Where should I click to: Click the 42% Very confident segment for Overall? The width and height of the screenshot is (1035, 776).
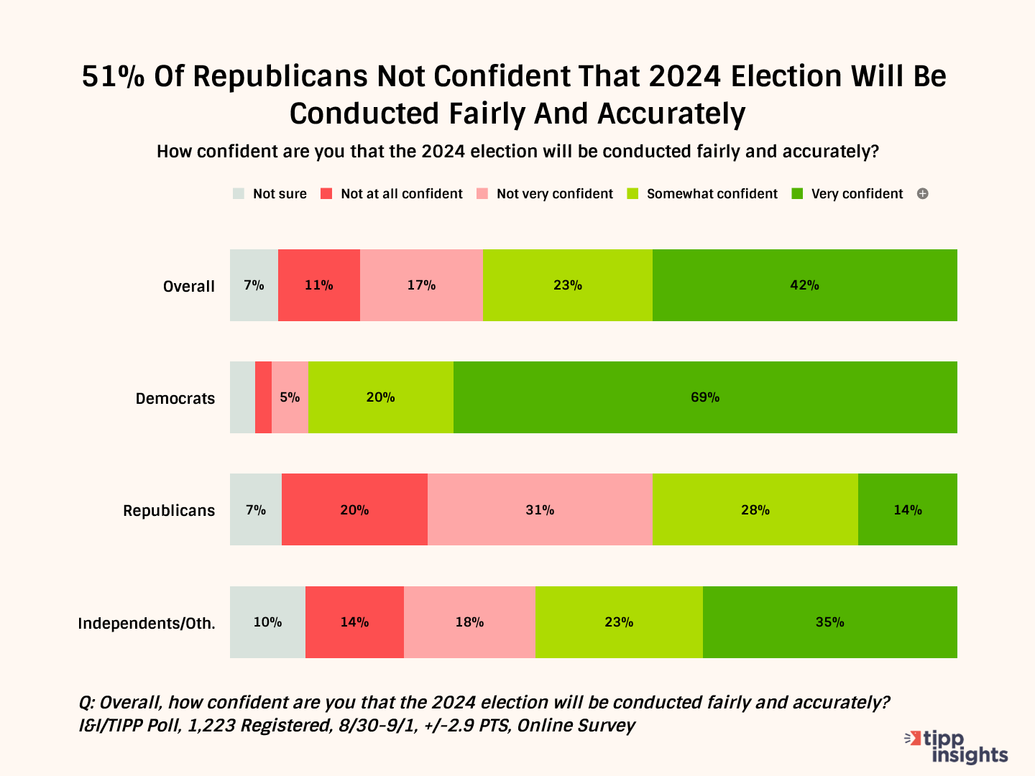point(804,285)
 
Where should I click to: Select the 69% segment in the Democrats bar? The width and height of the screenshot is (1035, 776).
point(705,397)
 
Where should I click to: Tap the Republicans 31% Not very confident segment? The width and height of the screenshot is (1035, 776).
point(540,509)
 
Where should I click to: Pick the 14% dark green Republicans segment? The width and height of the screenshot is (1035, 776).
point(907,509)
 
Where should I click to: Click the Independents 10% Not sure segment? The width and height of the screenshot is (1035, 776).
point(267,622)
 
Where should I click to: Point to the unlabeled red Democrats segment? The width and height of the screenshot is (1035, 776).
point(263,397)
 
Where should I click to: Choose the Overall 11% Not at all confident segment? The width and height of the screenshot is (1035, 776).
point(318,285)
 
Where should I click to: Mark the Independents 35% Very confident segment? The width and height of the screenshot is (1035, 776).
point(829,622)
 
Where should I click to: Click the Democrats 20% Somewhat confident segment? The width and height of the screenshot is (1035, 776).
point(380,397)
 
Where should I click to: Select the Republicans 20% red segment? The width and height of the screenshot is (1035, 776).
point(354,509)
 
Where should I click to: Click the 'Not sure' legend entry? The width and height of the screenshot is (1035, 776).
point(270,194)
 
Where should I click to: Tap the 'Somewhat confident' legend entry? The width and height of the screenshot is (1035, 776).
point(703,194)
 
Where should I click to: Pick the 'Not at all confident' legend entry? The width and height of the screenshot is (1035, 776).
point(392,194)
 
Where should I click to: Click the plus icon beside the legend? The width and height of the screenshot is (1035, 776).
point(923,194)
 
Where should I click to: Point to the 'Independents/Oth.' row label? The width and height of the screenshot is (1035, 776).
point(147,623)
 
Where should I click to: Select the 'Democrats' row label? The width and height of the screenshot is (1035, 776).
point(175,399)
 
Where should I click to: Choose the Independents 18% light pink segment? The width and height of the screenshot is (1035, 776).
point(469,622)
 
